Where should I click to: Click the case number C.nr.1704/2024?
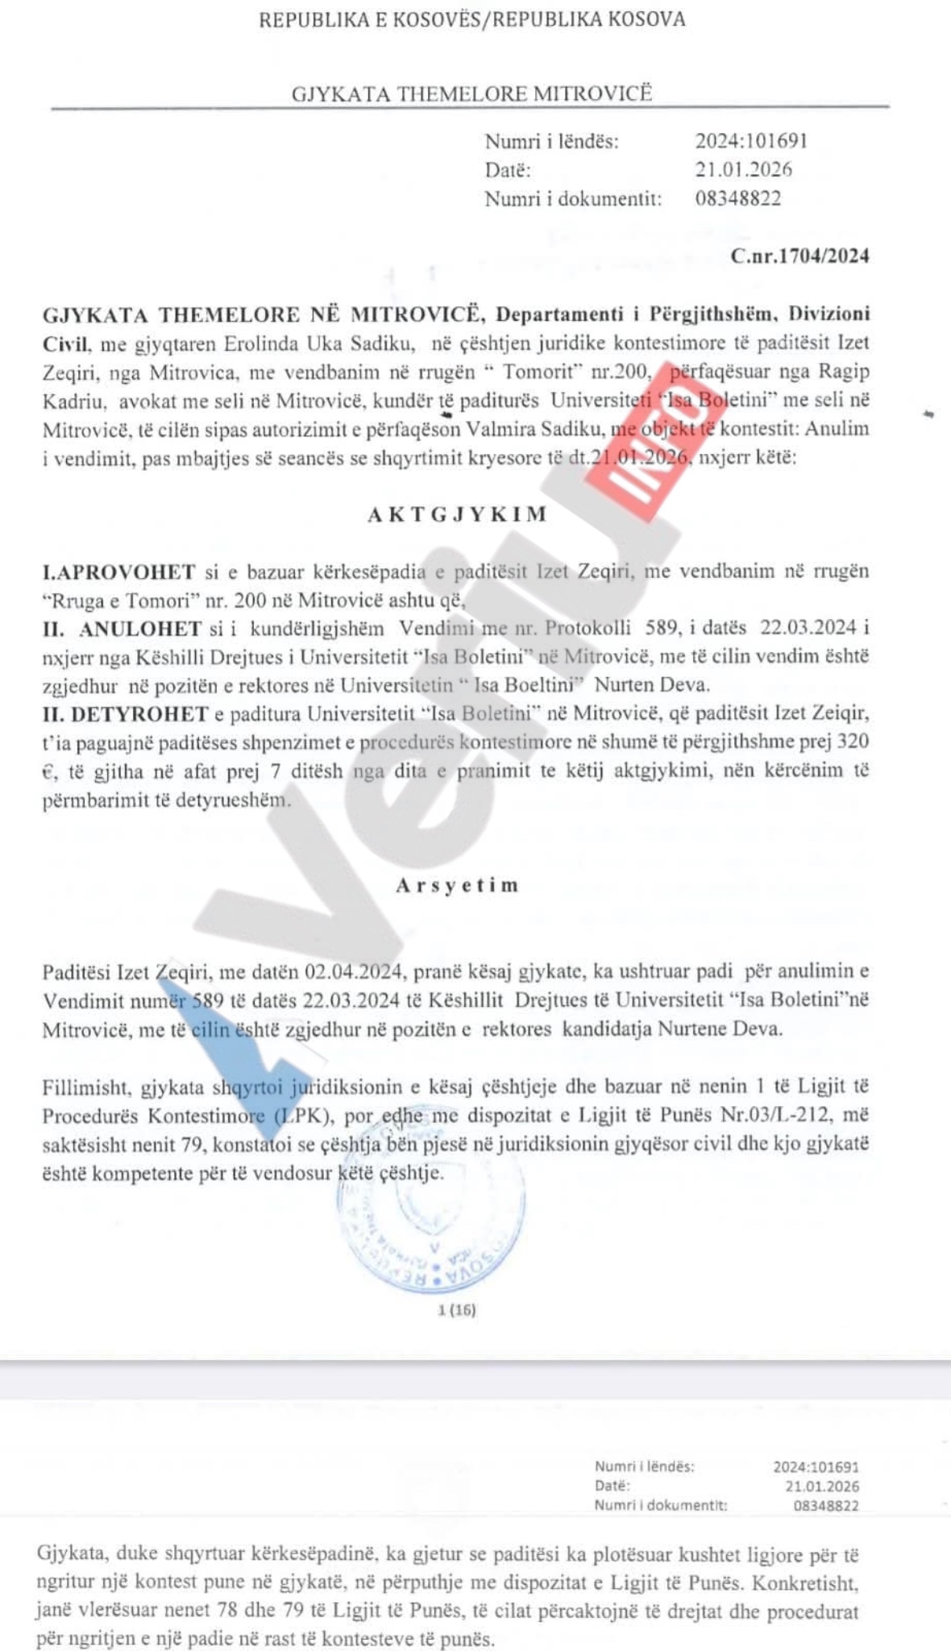click(799, 256)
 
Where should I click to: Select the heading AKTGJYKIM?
click(458, 514)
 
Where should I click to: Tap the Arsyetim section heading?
click(457, 885)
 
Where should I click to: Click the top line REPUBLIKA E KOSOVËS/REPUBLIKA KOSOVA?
click(471, 19)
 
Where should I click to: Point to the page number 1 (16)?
click(457, 1310)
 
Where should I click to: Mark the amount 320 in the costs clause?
click(853, 742)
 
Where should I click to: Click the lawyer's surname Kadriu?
click(74, 401)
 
